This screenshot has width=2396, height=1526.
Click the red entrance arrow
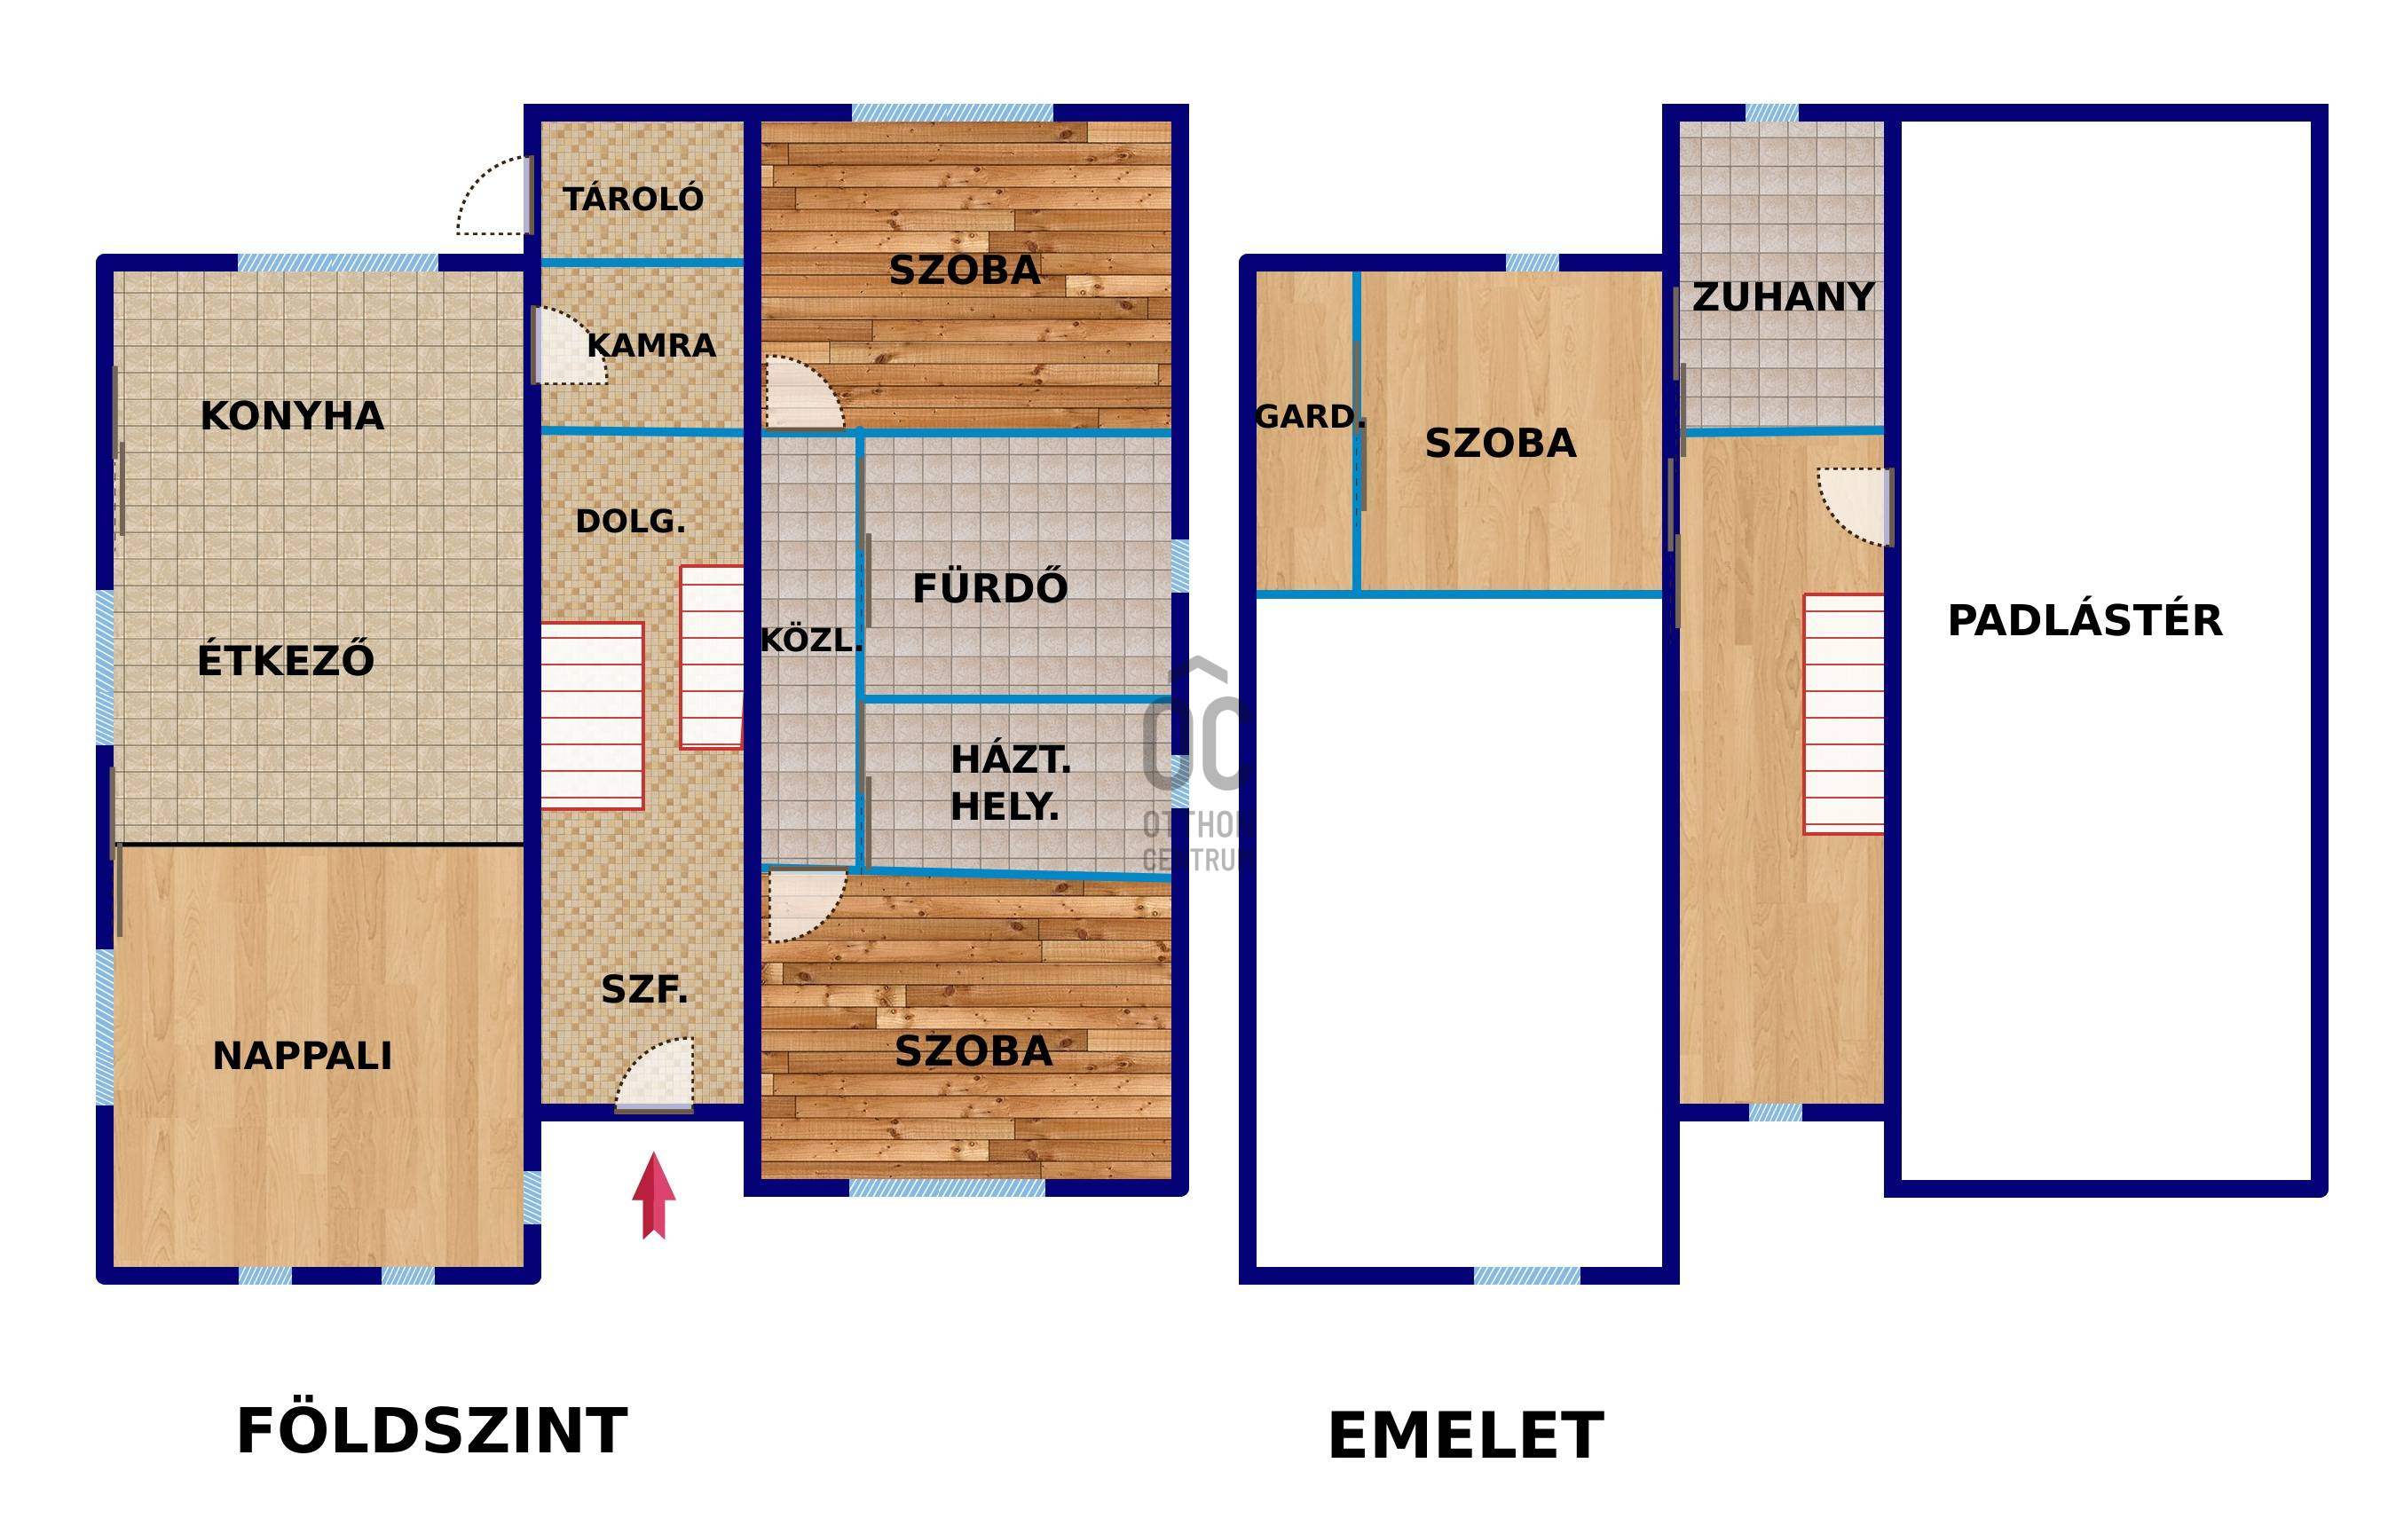pos(654,1195)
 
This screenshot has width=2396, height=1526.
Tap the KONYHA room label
pos(292,416)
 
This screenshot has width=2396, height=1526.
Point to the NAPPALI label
pos(303,1056)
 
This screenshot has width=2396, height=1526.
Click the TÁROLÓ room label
pos(634,199)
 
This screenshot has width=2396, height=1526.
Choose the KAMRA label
pos(650,345)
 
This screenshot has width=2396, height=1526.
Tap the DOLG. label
pos(631,522)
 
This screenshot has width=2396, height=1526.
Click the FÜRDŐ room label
pos(990,588)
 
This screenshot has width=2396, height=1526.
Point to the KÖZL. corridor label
pos(810,641)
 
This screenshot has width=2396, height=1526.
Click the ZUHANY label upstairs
pos(1783,296)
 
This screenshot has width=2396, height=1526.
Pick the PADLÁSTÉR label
pos(2085,621)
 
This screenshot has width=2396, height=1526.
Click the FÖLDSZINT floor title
pos(432,1431)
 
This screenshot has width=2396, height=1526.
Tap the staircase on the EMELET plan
pos(1844,713)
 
